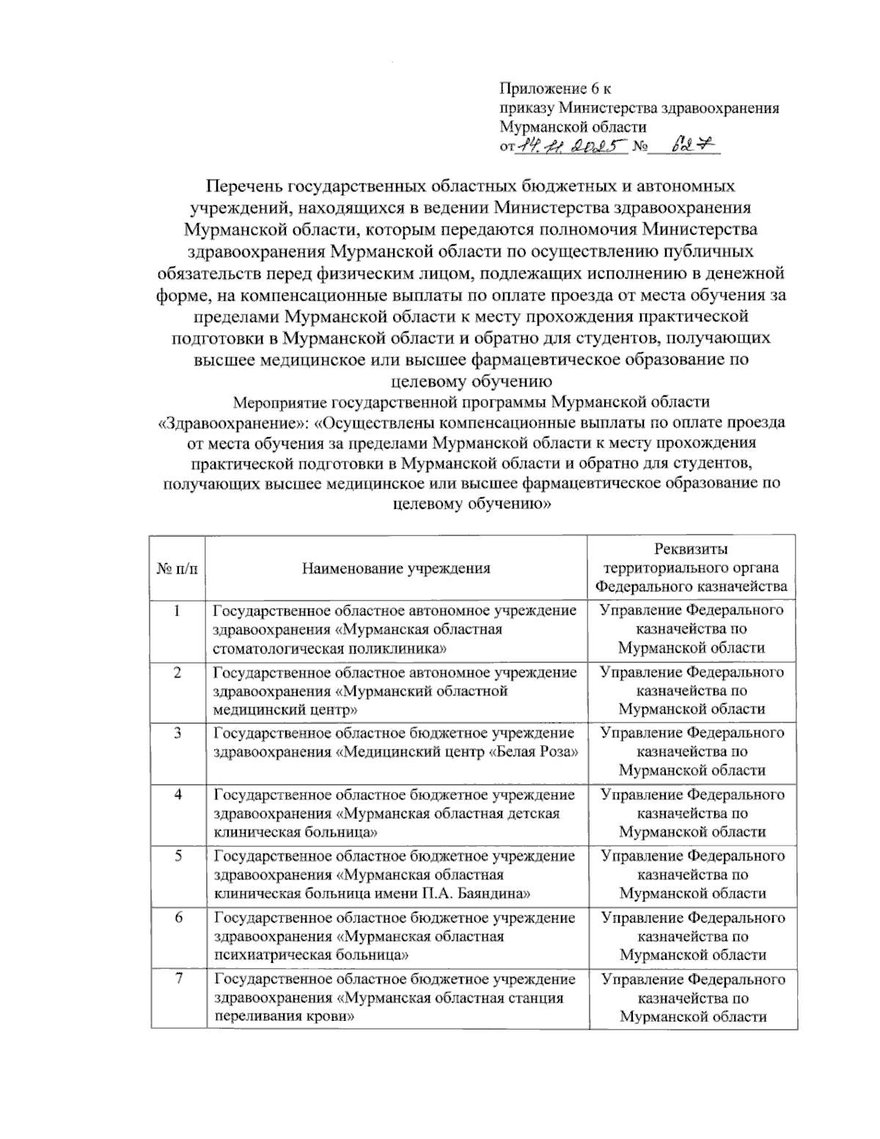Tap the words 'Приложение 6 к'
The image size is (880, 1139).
coord(555,89)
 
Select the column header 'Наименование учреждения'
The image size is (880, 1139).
coord(396,568)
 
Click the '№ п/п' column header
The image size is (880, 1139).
coord(177,568)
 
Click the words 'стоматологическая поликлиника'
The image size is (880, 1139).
coord(330,648)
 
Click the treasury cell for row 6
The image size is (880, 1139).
coord(692,936)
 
